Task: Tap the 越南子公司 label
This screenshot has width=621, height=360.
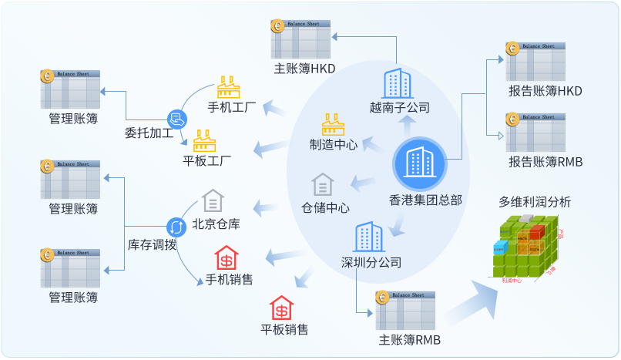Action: click(399, 108)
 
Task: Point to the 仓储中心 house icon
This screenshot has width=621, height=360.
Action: click(324, 185)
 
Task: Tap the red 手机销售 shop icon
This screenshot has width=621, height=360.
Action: click(227, 257)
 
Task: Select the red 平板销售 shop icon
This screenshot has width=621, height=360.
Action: click(282, 308)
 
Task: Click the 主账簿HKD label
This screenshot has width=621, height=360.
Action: click(304, 69)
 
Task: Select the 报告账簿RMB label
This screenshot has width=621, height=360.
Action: click(545, 162)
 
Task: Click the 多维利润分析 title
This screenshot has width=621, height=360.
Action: click(535, 202)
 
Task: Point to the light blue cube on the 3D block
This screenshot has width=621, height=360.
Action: click(501, 247)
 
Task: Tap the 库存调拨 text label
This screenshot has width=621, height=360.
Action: click(152, 246)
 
